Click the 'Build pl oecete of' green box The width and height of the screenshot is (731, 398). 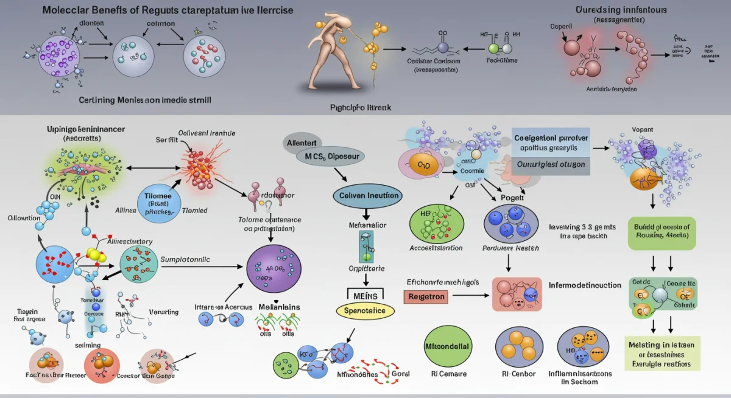coord(662,231)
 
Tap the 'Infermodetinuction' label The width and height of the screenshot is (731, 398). coord(584,285)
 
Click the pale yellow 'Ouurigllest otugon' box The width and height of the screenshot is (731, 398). coord(550,164)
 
